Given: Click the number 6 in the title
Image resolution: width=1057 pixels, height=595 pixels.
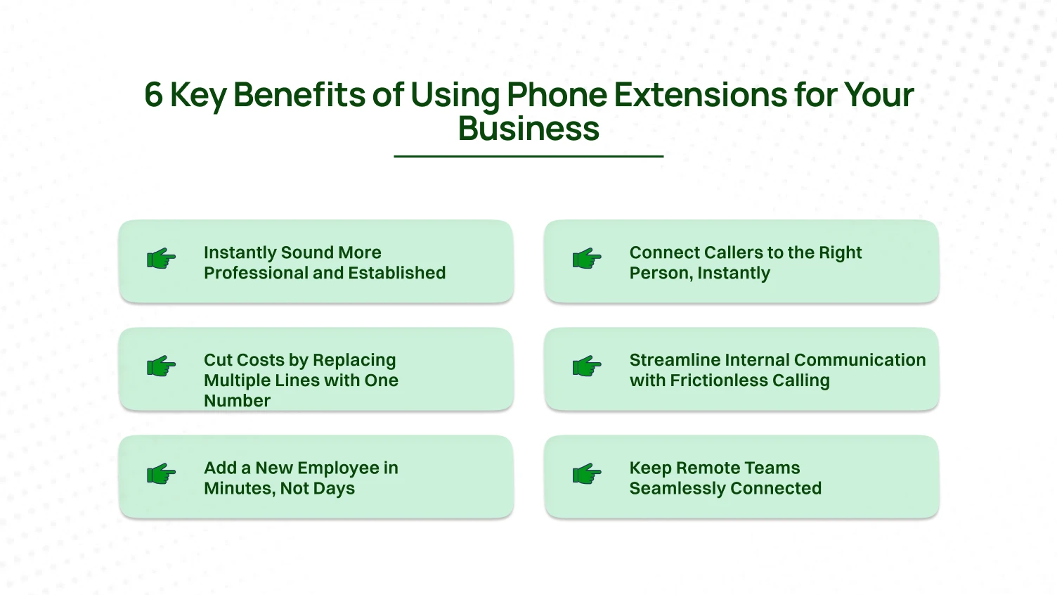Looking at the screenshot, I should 153,95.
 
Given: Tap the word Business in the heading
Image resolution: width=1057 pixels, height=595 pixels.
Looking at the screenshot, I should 528,129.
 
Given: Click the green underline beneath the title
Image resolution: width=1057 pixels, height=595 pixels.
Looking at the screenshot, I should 528,156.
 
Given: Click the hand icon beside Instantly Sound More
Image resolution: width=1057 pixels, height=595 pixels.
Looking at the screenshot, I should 161,259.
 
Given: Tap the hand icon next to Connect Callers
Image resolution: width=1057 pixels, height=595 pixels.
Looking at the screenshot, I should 587,259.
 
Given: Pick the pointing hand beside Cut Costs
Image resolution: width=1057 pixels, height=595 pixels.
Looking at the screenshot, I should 161,366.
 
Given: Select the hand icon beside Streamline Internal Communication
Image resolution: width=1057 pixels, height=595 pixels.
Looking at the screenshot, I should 587,366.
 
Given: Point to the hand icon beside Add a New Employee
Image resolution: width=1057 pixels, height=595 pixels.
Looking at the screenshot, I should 161,474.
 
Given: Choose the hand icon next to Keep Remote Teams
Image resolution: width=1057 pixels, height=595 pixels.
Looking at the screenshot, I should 587,474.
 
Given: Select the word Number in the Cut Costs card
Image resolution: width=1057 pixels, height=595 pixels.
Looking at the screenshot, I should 237,401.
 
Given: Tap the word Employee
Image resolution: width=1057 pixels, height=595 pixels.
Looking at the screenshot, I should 343,468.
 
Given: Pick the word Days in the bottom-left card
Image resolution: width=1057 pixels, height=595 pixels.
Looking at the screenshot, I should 334,489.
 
